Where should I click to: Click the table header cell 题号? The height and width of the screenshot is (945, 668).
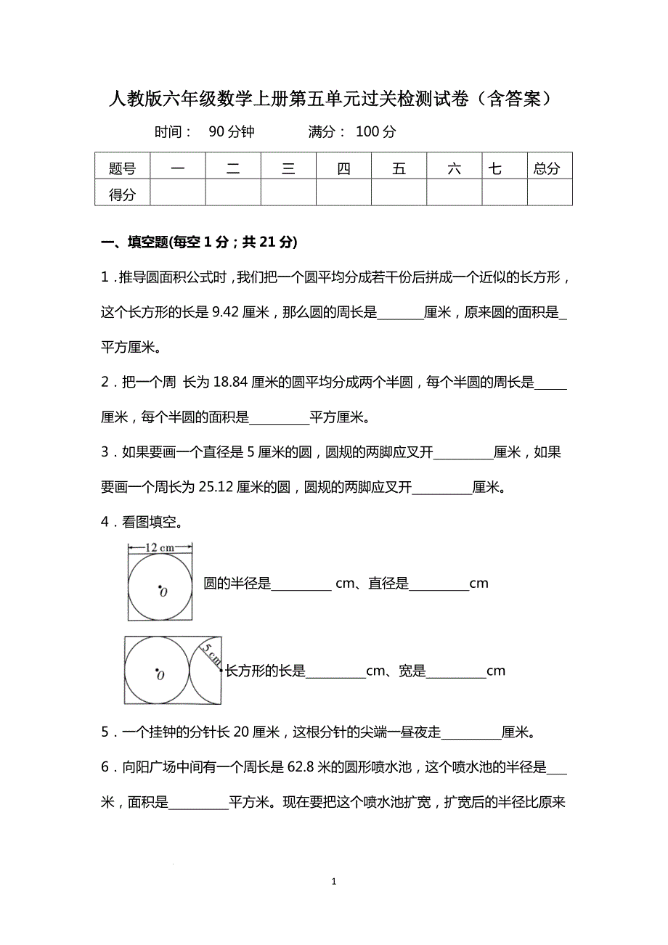[122, 168]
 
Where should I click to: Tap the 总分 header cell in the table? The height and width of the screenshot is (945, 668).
[549, 168]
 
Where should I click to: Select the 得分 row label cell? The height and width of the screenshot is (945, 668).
[122, 194]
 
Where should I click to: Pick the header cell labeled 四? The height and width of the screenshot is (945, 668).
[343, 168]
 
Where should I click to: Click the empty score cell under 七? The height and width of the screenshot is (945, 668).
[504, 193]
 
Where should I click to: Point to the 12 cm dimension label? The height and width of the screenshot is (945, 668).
[160, 548]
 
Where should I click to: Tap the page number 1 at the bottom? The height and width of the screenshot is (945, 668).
[333, 882]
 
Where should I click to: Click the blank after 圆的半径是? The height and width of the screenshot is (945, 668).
[301, 584]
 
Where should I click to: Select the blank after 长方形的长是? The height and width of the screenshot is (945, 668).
[335, 672]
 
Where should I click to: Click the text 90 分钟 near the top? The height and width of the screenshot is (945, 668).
[231, 132]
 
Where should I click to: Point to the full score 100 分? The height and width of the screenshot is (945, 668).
[376, 132]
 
